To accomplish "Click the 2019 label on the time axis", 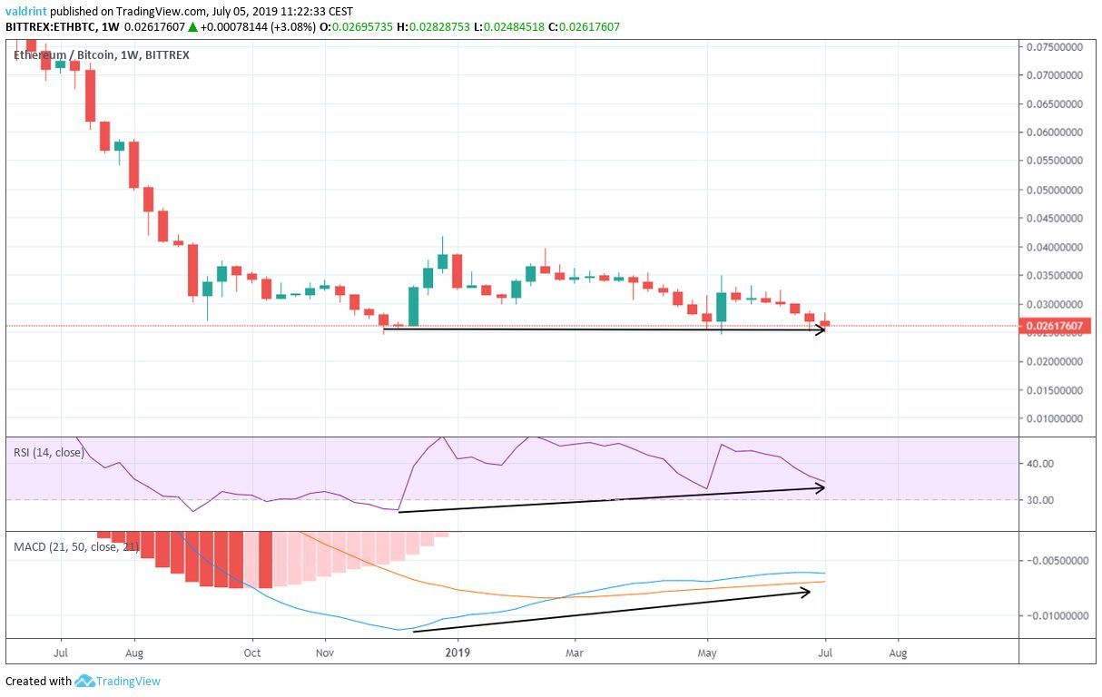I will click(458, 652).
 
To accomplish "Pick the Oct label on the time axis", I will click(252, 652).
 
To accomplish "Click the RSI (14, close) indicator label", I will click(47, 452).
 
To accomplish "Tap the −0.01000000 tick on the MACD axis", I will click(1054, 616).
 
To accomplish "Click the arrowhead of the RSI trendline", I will click(822, 487).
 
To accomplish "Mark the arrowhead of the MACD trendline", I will click(807, 592).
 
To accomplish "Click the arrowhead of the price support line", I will click(822, 329).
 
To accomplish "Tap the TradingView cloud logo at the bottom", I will click(85, 681).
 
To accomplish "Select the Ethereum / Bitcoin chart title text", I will click(64, 55).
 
